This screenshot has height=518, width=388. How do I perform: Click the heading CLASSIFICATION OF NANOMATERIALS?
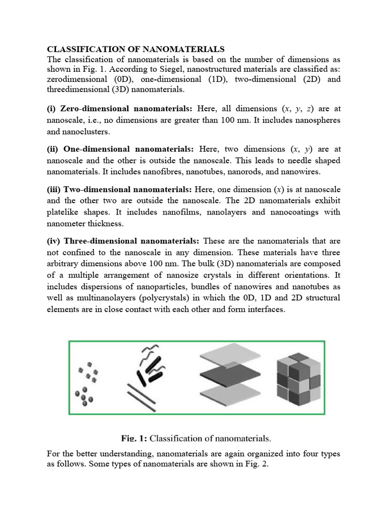[x=135, y=49]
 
